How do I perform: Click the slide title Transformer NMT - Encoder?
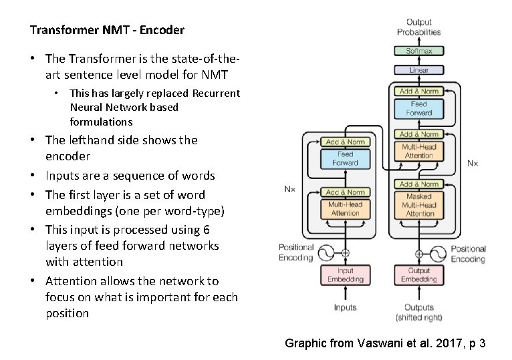click(107, 30)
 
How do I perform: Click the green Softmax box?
click(419, 51)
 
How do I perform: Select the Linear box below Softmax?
click(419, 69)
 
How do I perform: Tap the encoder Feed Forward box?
click(345, 158)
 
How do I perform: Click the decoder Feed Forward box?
click(419, 108)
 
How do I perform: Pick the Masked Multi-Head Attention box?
click(419, 205)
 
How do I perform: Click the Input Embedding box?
click(345, 275)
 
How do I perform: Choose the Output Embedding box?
click(419, 275)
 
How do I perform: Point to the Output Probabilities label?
click(419, 27)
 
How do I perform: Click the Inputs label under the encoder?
click(345, 308)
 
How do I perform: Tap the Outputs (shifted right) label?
click(419, 312)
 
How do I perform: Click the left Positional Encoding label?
click(295, 252)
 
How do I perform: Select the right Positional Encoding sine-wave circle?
click(438, 254)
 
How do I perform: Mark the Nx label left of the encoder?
click(289, 189)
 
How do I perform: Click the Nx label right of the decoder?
click(472, 162)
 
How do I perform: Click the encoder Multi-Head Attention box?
click(345, 208)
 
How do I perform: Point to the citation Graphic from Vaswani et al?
click(385, 343)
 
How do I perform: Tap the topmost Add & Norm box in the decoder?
click(419, 91)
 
